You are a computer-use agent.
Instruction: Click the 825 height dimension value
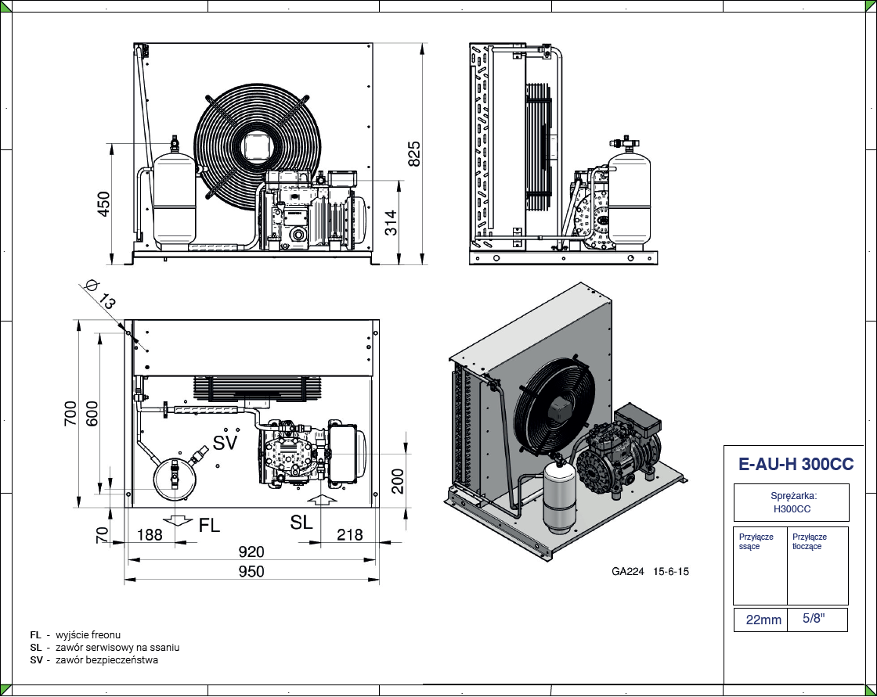(x=415, y=153)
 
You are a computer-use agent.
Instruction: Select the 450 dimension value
(x=103, y=204)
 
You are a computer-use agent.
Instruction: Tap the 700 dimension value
(x=70, y=414)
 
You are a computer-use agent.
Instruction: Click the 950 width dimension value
(x=251, y=572)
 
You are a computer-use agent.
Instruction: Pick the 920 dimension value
(x=251, y=552)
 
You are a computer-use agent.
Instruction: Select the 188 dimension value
(x=150, y=535)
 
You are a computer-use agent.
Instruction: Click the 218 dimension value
(x=349, y=535)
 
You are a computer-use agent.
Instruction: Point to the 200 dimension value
(x=398, y=481)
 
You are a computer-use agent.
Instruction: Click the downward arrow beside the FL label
(x=180, y=520)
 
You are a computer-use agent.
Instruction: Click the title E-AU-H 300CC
(x=796, y=465)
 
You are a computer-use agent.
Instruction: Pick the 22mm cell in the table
(x=763, y=620)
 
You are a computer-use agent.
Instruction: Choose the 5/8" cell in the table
(x=814, y=619)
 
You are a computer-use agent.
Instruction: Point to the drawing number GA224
(x=627, y=572)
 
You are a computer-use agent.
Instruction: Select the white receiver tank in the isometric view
(x=558, y=498)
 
